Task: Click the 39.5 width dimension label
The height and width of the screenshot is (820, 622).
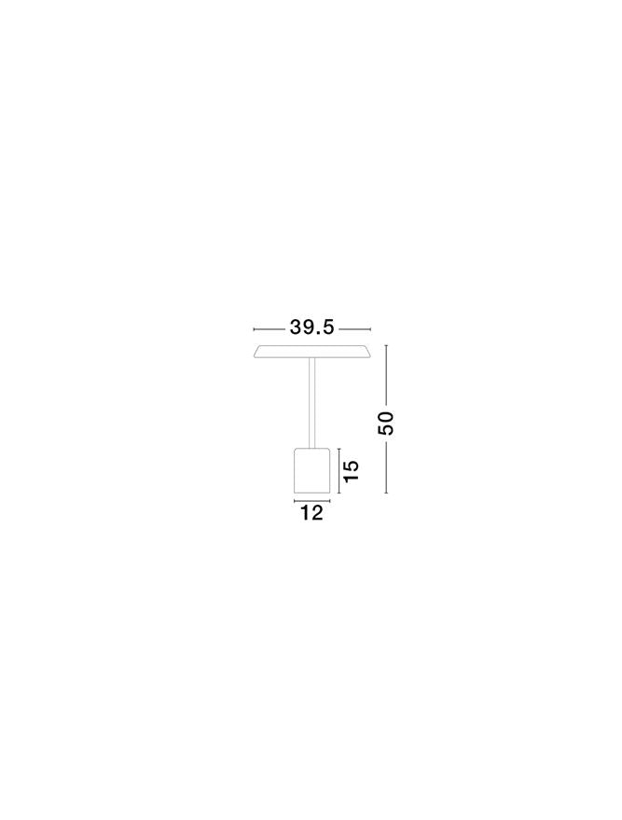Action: tap(311, 327)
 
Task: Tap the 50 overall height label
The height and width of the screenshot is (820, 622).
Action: tap(386, 424)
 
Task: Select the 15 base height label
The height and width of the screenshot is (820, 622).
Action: tap(352, 471)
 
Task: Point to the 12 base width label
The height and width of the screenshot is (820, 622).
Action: tap(312, 513)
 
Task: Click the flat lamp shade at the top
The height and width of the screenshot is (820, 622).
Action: tap(312, 352)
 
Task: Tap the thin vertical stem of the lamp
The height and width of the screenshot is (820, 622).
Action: tap(312, 403)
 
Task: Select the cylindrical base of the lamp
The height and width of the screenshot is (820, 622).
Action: tap(312, 470)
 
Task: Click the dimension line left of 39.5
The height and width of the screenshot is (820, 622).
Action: tap(270, 329)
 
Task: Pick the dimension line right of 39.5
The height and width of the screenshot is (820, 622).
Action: tap(354, 329)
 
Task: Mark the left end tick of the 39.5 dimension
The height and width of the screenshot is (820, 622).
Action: tap(254, 329)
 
